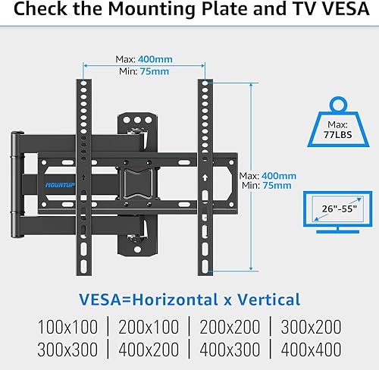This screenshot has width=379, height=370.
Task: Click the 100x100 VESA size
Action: (68, 328)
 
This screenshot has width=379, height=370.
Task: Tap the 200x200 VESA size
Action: (230, 328)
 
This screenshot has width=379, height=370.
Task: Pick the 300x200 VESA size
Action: (311, 328)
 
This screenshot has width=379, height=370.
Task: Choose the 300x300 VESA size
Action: (68, 351)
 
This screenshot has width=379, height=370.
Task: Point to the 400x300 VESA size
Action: (230, 351)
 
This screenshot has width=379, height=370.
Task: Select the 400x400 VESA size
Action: (311, 351)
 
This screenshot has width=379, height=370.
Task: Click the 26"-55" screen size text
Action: (335, 207)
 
